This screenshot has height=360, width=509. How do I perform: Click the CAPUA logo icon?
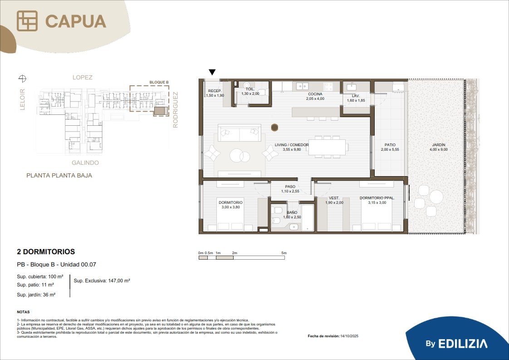(27, 21)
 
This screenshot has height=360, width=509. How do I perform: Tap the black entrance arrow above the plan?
(212, 72)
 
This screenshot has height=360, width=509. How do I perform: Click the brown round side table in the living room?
(274, 128)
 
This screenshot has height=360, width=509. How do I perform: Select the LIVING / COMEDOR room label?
(292, 145)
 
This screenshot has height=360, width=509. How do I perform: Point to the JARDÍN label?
(439, 145)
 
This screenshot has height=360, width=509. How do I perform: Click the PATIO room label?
(390, 145)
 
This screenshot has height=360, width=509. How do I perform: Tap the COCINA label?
(315, 94)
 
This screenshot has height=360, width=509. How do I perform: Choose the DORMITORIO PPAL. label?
(377, 198)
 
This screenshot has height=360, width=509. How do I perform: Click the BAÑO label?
(292, 212)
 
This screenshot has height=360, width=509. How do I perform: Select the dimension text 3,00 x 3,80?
(231, 207)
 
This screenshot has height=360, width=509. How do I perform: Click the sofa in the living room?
(240, 133)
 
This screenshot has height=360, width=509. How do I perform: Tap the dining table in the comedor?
(327, 147)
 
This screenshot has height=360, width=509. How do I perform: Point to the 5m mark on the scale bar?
(284, 253)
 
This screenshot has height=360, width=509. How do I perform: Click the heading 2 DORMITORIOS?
(46, 252)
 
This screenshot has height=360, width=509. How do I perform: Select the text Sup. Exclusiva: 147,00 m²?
(102, 281)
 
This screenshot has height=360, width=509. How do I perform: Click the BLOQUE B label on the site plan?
(159, 82)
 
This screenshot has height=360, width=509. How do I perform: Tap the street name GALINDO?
(85, 163)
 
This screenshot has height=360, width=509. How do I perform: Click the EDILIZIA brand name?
(463, 344)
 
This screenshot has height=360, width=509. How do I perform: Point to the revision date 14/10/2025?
(349, 336)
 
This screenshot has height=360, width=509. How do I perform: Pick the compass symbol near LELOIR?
(22, 78)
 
